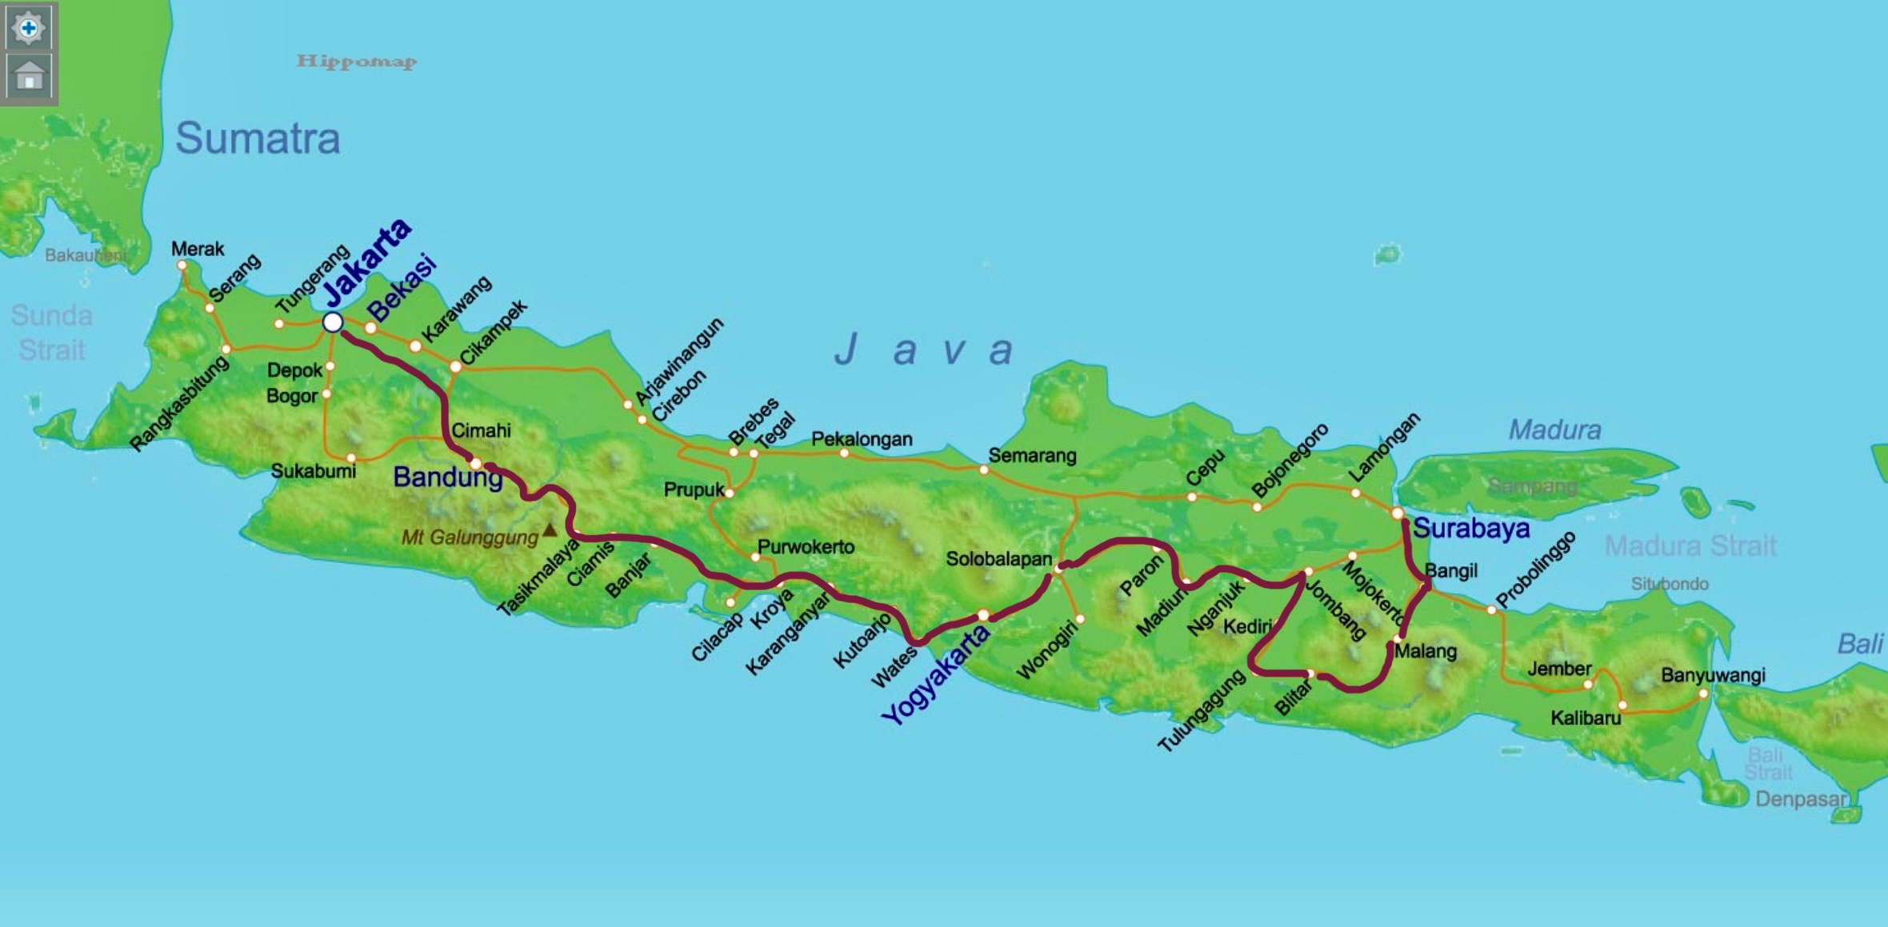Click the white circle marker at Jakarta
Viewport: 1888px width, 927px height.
click(333, 322)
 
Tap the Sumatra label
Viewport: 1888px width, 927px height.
click(258, 138)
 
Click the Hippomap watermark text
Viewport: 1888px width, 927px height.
click(357, 62)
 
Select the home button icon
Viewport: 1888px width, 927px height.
click(29, 77)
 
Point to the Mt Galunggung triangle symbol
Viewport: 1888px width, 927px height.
click(550, 529)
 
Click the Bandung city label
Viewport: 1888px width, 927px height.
click(447, 477)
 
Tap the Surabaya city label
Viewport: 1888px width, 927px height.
click(1471, 528)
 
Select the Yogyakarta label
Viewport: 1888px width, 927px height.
click(935, 675)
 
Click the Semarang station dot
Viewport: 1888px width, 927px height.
click(984, 470)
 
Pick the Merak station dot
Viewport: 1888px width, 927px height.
click(182, 265)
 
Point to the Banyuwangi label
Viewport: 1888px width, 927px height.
click(1713, 675)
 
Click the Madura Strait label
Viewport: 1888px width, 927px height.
click(1690, 546)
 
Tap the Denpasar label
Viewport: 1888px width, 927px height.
click(1801, 799)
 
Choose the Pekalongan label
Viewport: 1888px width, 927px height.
click(862, 439)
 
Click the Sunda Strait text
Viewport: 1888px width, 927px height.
click(52, 333)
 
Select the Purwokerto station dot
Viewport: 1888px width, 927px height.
click(754, 557)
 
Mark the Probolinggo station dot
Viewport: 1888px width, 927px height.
click(1491, 610)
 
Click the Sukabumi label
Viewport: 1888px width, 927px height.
click(314, 471)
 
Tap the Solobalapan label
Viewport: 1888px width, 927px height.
click(998, 559)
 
